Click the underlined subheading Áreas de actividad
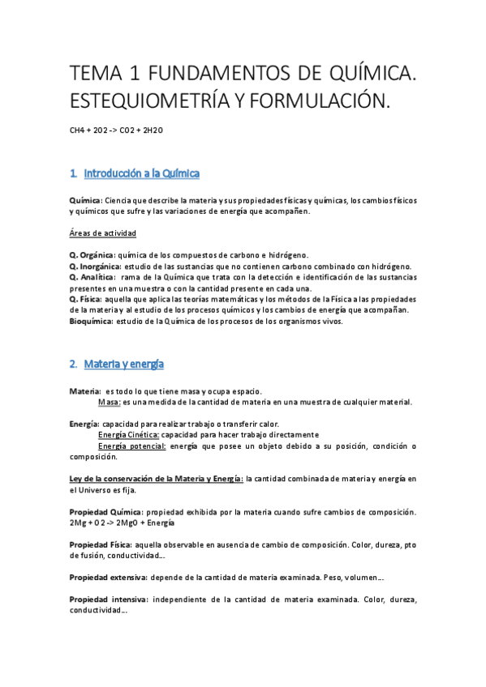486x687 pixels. tap(103, 233)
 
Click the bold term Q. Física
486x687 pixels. tap(85, 299)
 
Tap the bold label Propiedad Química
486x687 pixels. tap(106, 512)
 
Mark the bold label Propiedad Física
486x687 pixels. tap(102, 544)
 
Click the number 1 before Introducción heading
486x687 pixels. tap(73, 173)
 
